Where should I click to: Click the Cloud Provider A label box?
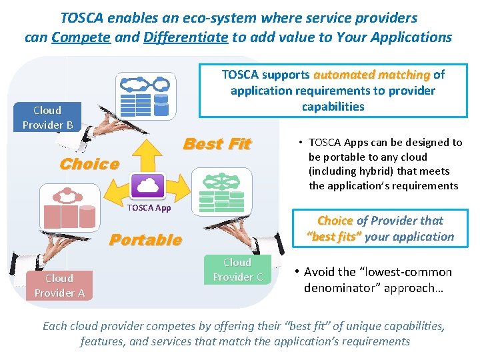pos(59,285)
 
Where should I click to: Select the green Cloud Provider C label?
pos(237,269)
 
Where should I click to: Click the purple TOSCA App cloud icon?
pos(149,185)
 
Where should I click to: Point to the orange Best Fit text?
pos(217,144)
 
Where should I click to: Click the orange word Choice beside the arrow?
pos(89,164)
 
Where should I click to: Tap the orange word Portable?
pos(145,240)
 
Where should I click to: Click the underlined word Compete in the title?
pos(81,37)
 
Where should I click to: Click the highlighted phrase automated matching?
pos(373,75)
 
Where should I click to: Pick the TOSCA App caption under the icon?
pos(149,208)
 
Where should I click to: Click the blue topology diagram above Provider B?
pos(143,95)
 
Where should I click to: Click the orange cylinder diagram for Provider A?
pos(68,208)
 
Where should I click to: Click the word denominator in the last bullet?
pos(336,288)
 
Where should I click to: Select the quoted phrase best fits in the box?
pos(334,237)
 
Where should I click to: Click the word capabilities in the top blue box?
pos(333,107)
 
